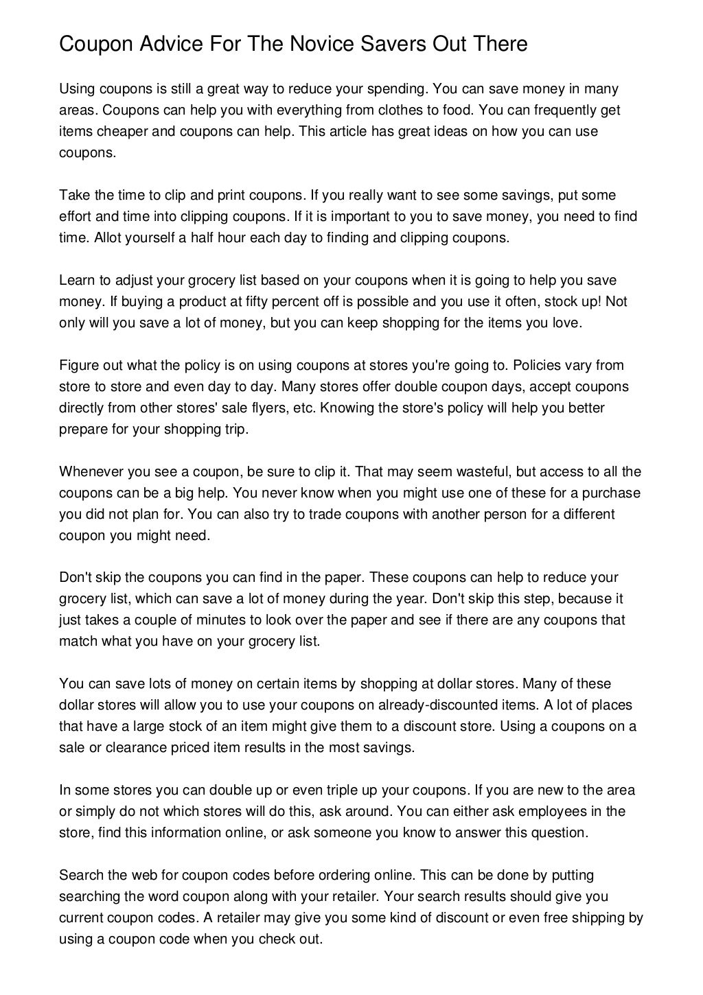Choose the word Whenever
click(x=89, y=471)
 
